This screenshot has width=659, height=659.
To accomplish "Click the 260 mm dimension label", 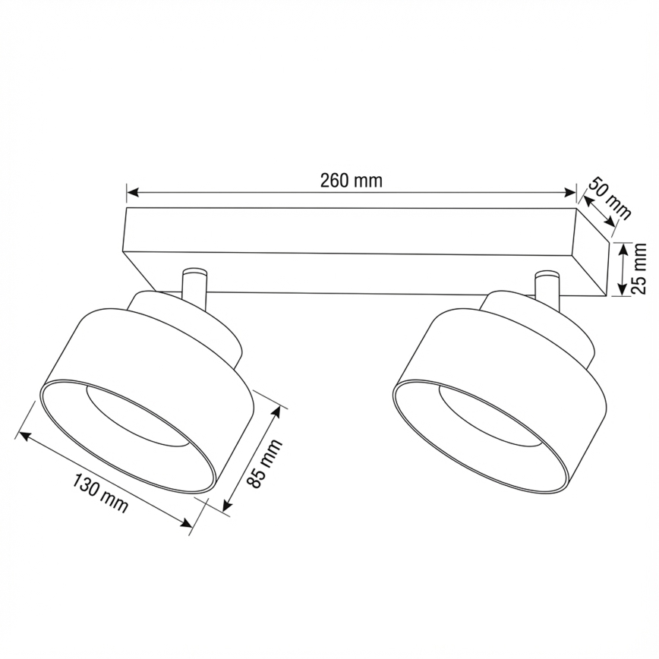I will coord(351,181).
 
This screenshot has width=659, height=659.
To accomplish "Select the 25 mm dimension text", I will coord(639,269).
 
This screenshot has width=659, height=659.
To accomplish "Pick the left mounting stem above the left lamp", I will coord(194,289).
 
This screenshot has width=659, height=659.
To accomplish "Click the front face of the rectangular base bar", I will coord(349,229).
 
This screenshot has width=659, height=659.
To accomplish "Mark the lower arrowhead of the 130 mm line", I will coord(188,522).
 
